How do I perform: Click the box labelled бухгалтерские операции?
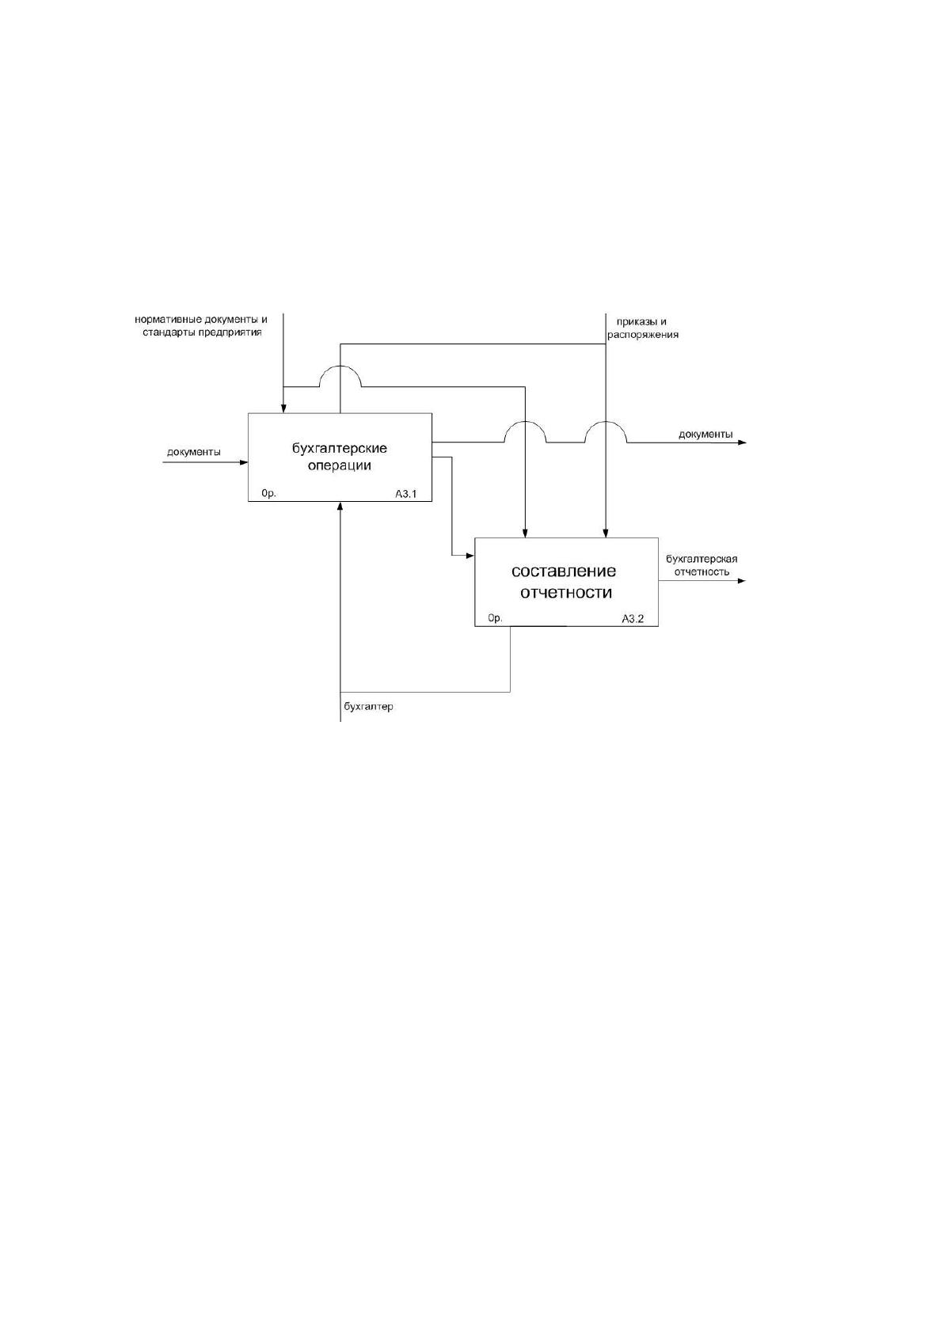click(x=340, y=457)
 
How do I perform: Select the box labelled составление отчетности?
click(x=566, y=582)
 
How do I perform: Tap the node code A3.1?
click(x=406, y=493)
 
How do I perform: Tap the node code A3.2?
click(x=633, y=618)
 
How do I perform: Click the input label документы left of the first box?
click(x=193, y=452)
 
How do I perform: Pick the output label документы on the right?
click(x=705, y=434)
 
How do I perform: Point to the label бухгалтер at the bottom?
click(x=368, y=706)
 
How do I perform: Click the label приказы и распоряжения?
click(x=642, y=328)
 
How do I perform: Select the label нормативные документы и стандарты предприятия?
click(x=201, y=326)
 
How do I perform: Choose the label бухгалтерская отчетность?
click(x=702, y=565)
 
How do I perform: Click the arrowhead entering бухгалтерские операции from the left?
click(x=244, y=461)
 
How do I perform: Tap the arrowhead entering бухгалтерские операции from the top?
click(x=283, y=408)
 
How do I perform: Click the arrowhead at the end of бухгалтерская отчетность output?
click(x=742, y=580)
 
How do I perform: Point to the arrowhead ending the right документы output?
click(x=742, y=442)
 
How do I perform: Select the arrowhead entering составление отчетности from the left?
click(x=470, y=556)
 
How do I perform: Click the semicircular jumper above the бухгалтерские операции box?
click(x=340, y=366)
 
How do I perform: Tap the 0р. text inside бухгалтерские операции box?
click(x=268, y=493)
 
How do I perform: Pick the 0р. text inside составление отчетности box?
click(x=496, y=618)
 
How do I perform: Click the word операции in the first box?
click(x=340, y=465)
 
